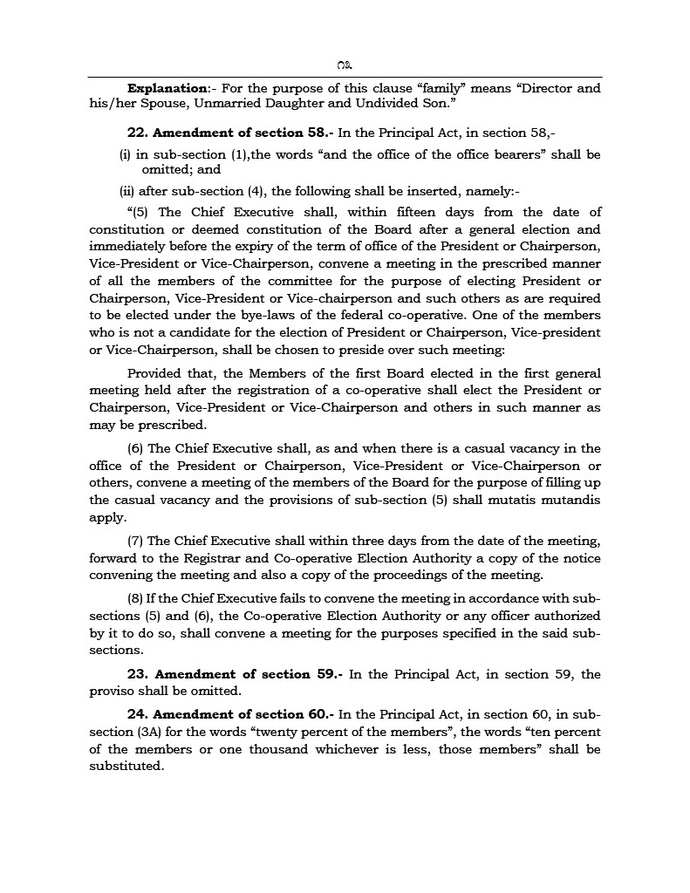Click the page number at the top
[345, 65]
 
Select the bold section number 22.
[137, 133]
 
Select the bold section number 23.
[137, 674]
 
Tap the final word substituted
[126, 767]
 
